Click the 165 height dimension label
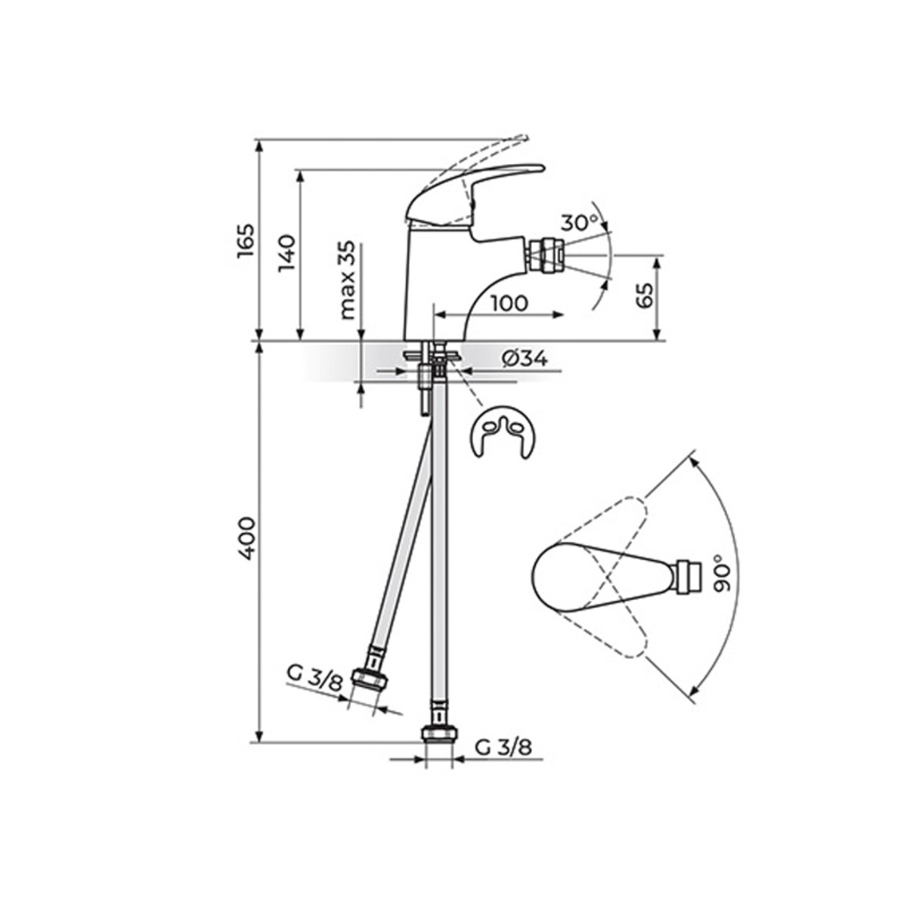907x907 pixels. coord(245,240)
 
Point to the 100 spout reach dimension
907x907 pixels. coord(510,303)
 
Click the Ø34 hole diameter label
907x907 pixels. coord(525,360)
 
